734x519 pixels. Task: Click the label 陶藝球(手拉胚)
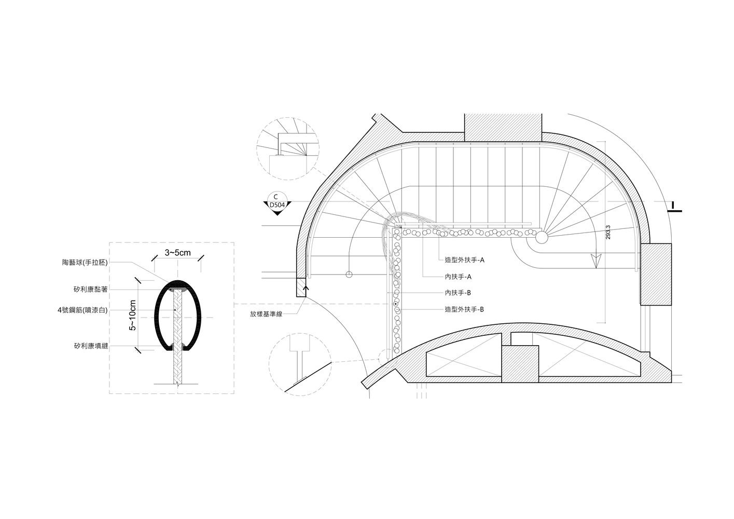coord(85,262)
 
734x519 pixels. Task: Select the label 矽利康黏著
coord(91,290)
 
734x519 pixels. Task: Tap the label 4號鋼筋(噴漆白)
coord(82,310)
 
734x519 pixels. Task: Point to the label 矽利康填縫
coord(91,346)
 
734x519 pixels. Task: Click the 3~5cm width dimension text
coord(177,253)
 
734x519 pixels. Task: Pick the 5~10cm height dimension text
coord(133,315)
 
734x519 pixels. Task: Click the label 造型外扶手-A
coord(464,260)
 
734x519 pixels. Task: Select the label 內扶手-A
coord(458,277)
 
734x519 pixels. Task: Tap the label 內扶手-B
coord(458,293)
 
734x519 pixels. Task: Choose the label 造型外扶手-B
coord(464,309)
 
